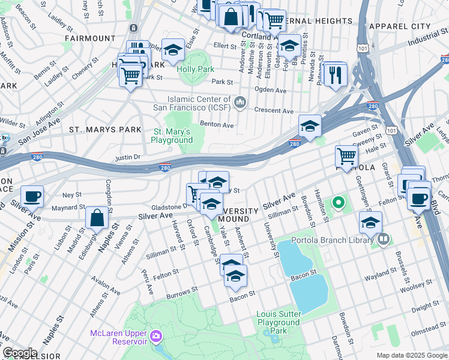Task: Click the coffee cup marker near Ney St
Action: (32, 196)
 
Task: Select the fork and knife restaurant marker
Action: (335, 74)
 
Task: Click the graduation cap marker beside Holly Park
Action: (173, 51)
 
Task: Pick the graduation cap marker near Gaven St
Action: (310, 126)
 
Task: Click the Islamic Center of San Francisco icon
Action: (240, 103)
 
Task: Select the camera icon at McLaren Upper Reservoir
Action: (157, 335)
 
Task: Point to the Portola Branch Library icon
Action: (383, 240)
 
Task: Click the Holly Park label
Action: (196, 69)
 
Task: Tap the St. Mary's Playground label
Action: (172, 136)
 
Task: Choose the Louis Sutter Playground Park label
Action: (279, 322)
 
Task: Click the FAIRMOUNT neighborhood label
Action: (90, 38)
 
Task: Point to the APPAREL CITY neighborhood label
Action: (400, 26)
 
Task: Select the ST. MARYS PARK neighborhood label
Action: (105, 130)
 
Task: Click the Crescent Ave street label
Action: (274, 111)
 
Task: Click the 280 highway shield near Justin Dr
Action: (165, 169)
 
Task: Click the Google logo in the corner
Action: (20, 353)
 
